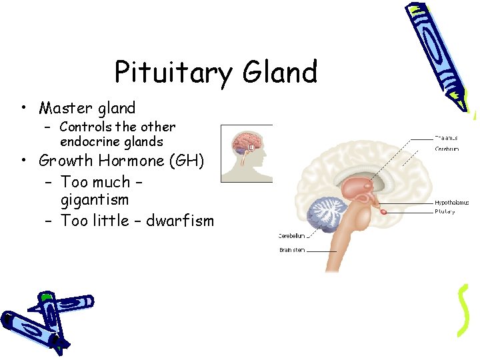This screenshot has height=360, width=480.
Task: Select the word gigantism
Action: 94,200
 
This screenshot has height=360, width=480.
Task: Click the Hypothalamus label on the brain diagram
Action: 451,202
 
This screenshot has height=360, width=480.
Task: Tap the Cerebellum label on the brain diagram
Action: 291,235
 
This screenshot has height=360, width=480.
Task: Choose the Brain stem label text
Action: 293,251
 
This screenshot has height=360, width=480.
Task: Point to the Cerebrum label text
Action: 447,149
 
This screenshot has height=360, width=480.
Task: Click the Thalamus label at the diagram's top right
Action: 447,138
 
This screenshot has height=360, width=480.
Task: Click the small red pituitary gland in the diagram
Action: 385,211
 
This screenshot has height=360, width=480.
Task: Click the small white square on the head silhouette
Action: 251,147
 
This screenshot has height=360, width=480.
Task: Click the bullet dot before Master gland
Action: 23,109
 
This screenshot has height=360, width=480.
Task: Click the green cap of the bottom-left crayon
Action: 47,297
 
